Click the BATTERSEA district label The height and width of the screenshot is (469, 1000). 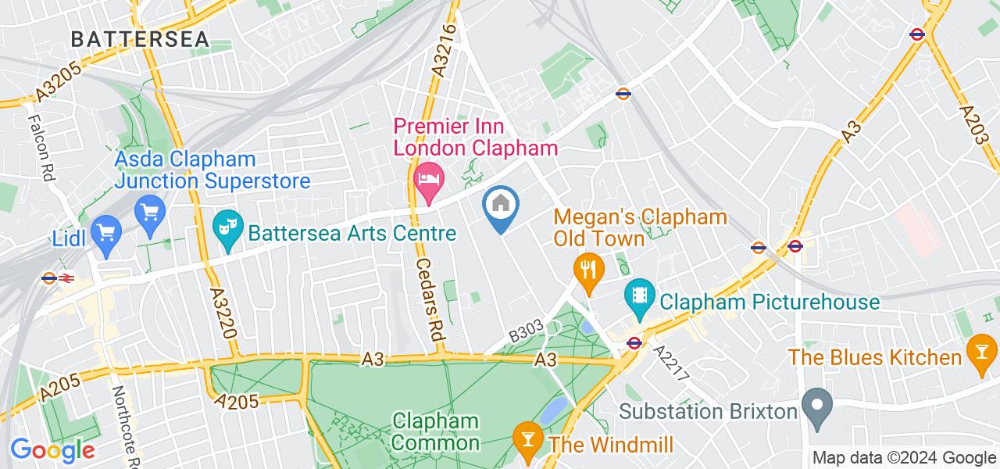point(140,38)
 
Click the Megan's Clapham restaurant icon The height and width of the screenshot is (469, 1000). point(585,270)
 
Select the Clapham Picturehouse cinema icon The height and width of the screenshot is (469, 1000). point(639,295)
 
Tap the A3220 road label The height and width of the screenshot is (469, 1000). point(223,311)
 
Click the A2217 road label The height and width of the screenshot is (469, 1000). point(671,363)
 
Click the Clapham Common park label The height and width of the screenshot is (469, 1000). point(435,432)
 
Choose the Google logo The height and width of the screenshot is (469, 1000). point(52,450)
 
